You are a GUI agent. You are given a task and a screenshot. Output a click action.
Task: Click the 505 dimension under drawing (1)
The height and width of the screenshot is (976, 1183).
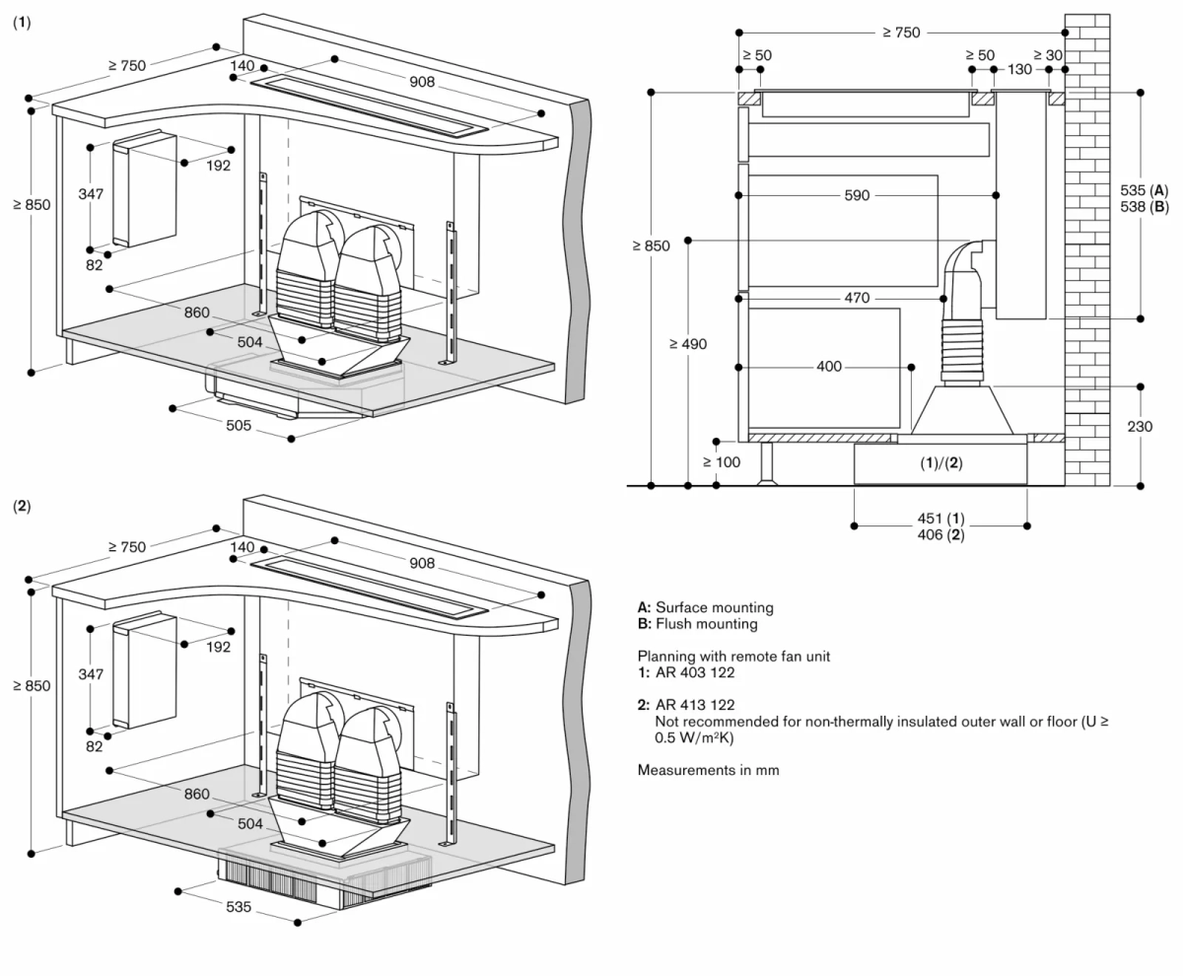click(x=239, y=426)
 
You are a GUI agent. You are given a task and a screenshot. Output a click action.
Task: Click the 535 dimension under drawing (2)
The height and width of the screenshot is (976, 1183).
click(x=239, y=907)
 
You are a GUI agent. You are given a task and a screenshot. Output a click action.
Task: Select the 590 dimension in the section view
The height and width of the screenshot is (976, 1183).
click(x=857, y=196)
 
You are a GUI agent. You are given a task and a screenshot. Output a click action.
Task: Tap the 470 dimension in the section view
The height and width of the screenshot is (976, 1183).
click(x=857, y=298)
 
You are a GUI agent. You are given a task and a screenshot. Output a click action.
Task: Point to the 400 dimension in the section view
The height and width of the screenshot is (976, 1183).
click(x=829, y=367)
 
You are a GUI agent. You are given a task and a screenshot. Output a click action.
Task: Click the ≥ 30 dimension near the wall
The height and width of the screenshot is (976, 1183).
click(x=1048, y=55)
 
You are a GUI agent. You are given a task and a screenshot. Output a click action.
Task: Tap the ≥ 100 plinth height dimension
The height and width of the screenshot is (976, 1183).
click(x=721, y=461)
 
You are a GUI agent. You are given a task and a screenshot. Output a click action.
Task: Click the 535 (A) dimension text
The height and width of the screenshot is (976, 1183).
click(x=1145, y=189)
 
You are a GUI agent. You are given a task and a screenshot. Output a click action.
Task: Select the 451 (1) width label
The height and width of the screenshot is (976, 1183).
click(x=940, y=519)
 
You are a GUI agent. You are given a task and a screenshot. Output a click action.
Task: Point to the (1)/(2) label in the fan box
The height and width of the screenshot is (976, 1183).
click(x=940, y=463)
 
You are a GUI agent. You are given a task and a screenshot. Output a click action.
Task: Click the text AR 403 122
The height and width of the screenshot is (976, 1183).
click(x=695, y=672)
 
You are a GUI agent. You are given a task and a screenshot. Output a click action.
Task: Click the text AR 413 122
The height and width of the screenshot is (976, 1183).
click(x=695, y=705)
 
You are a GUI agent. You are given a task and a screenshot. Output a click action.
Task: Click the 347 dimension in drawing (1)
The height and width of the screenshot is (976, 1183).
click(x=91, y=194)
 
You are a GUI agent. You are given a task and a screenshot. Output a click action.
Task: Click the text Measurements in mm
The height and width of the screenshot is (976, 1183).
click(x=708, y=770)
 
